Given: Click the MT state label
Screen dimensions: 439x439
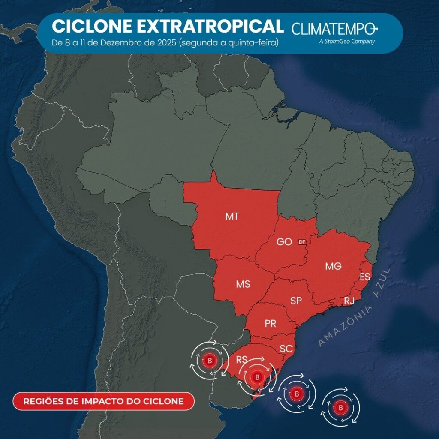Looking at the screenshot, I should pos(232,216).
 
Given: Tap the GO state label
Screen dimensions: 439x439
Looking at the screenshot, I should pos(284,242).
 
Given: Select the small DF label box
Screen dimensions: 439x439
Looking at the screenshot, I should pos(302,242).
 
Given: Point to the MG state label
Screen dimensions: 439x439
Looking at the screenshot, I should pos(333,266).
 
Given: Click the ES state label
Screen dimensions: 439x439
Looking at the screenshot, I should pos(365,277).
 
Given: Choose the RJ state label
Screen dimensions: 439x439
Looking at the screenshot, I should pos(349,301).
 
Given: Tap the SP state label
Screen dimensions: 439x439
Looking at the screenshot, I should pos(296,301).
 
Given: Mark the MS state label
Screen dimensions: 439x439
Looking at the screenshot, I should pos(243,284).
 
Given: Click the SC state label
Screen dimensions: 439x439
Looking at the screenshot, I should pos(286,349).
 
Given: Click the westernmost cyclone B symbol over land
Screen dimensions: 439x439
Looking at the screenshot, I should pos(210,360).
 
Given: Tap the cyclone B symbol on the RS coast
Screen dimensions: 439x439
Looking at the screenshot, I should pos(257,377).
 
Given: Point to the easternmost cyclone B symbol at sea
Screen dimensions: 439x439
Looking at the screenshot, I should pos(341,406).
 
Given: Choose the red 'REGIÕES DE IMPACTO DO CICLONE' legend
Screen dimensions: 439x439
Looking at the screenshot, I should pos(103,401).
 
